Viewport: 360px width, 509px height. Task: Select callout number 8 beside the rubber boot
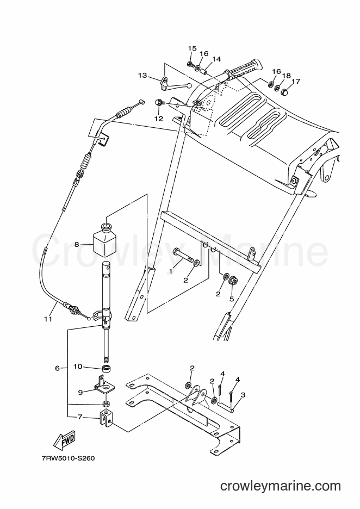pos(77,244)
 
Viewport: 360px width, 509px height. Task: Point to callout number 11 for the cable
pos(48,319)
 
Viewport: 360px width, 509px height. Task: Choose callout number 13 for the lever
pos(142,76)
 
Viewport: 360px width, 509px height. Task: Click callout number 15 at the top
pos(192,48)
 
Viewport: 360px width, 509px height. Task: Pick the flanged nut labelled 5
pos(232,281)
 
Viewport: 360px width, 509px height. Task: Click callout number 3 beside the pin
pos(243,395)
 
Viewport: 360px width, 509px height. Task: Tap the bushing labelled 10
pos(105,369)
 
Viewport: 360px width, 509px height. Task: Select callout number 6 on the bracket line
pos(57,368)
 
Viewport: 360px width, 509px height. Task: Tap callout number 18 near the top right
pos(286,76)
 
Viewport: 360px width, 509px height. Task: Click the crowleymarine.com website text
pos(281,486)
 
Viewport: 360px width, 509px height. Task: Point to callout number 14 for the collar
pos(216,59)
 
